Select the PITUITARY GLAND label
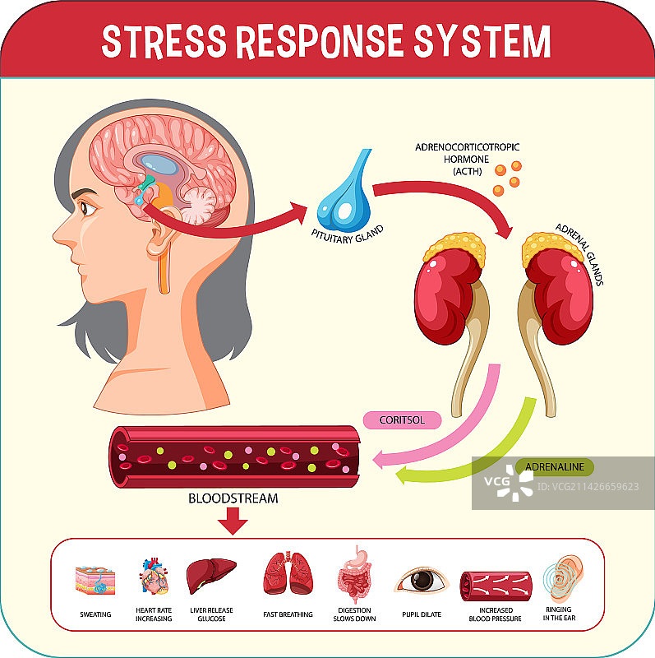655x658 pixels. pos(346,233)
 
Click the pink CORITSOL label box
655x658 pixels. pos(402,419)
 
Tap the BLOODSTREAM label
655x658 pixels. pos(233,498)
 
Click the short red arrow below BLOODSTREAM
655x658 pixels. pos(234,521)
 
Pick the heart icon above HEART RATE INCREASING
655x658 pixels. pos(152,575)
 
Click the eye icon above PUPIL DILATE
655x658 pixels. pos(421,580)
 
